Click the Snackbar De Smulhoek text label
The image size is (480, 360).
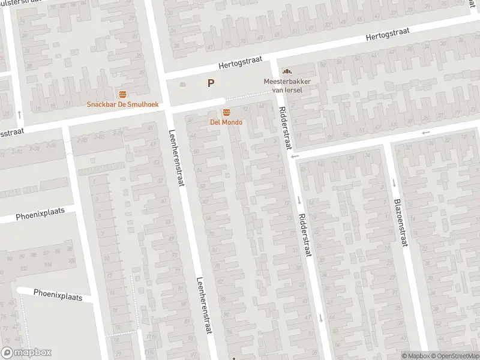[x=123, y=104]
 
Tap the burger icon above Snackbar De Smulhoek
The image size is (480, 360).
[x=123, y=94]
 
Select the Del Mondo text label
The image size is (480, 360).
[x=226, y=122]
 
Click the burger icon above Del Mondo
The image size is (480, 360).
[x=226, y=113]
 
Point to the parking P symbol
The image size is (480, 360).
[x=211, y=83]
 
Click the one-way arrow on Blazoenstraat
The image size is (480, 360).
[x=394, y=182]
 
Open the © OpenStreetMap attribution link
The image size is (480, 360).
[x=455, y=356]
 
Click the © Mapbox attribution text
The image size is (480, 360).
[x=416, y=356]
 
